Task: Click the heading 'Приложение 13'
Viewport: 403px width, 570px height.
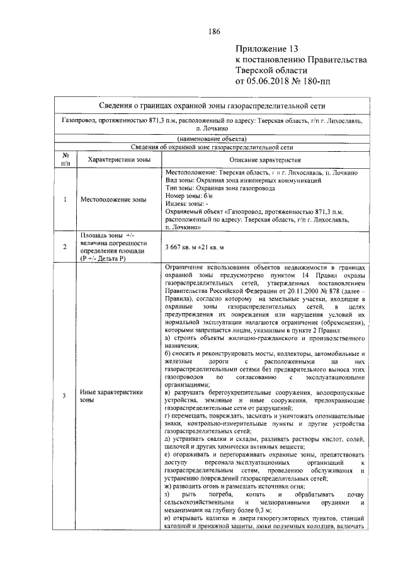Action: click(266, 49)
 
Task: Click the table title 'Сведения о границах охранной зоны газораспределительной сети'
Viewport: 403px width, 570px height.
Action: click(217, 105)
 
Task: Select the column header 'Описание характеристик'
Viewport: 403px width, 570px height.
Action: click(264, 160)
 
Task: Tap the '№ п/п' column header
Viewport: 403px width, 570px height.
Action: click(65, 160)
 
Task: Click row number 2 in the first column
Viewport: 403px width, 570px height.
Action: click(65, 247)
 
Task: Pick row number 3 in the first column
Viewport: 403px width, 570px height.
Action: click(65, 396)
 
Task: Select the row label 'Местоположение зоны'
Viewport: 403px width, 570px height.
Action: click(113, 200)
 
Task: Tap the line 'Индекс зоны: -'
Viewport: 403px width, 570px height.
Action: click(188, 203)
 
